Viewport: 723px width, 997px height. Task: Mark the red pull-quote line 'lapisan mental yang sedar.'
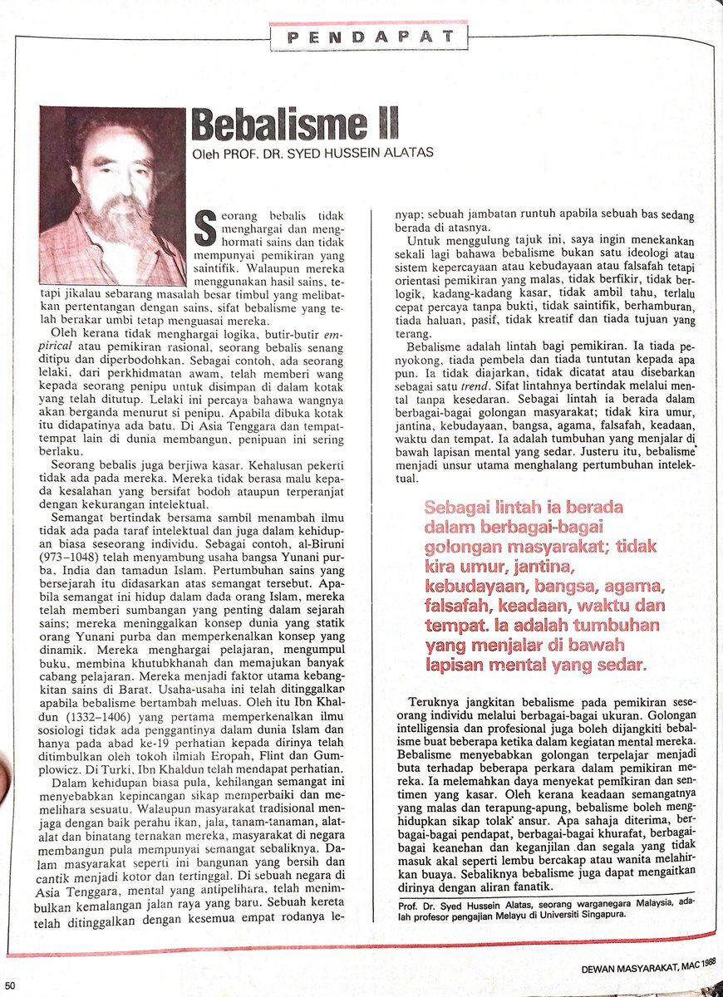536,665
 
